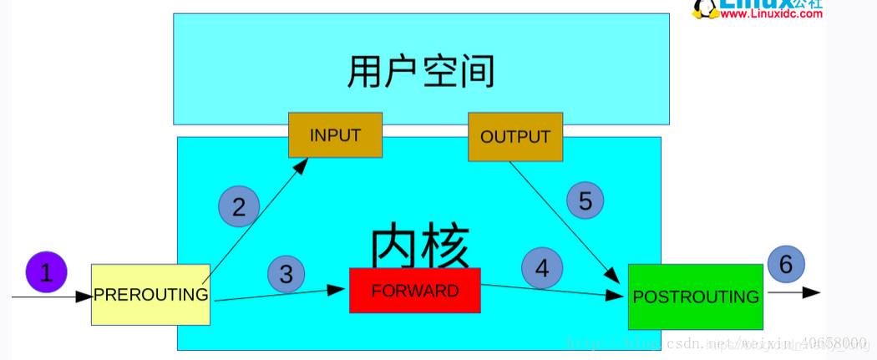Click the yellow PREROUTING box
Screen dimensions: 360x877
(150, 295)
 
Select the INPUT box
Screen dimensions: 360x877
(335, 135)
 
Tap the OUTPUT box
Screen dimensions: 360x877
(515, 137)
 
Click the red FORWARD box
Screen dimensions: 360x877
(414, 291)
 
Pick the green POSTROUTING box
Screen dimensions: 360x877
(695, 297)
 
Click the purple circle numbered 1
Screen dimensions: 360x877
(46, 272)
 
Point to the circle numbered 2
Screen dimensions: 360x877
(239, 206)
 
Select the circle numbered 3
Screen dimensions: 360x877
(286, 274)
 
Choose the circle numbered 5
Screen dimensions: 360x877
(585, 200)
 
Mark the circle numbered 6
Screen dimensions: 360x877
(785, 264)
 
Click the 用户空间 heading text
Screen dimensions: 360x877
(421, 73)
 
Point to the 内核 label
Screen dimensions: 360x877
(420, 245)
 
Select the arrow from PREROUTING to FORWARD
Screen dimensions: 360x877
(280, 294)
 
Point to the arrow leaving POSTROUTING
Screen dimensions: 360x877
(793, 292)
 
